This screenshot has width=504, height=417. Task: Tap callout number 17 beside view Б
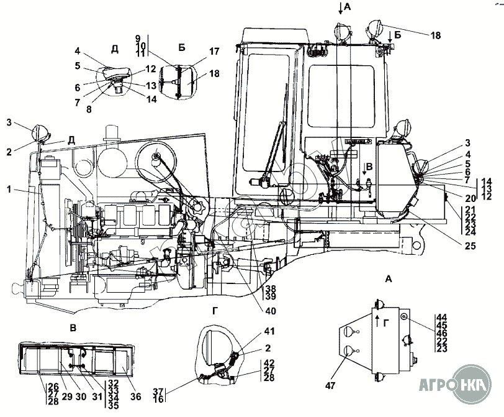point(197,52)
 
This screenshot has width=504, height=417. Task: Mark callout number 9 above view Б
point(138,39)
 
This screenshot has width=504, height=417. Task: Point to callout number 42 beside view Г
point(269,362)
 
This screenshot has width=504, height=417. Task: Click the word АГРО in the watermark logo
point(434,383)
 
